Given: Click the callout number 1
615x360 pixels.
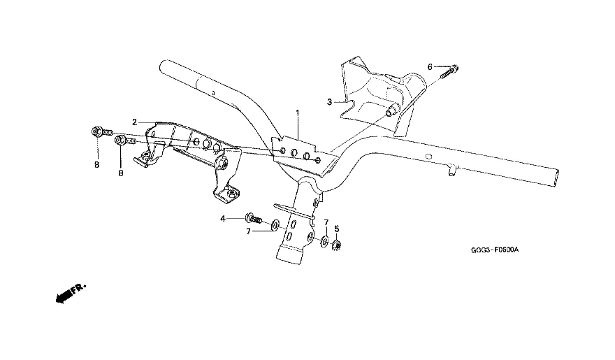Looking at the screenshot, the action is [x=297, y=113].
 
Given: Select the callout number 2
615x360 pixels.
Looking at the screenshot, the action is [x=134, y=122].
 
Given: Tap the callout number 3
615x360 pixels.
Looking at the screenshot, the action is [x=329, y=102].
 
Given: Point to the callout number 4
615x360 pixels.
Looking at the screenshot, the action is [x=223, y=219].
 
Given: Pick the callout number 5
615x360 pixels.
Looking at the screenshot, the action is [x=337, y=229].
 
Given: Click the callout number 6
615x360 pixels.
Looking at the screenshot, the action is [x=430, y=67].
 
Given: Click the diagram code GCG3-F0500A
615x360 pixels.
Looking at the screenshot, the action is [x=495, y=250].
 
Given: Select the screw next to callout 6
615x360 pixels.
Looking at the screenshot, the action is [x=449, y=72].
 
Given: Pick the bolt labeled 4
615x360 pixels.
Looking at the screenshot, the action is [x=254, y=218].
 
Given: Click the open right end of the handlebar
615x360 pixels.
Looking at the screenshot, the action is [x=554, y=178].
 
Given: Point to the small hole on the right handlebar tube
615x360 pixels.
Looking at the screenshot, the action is [x=428, y=157].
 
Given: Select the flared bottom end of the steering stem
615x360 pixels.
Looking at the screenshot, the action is [x=290, y=254].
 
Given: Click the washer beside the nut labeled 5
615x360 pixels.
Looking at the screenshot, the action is [x=325, y=241].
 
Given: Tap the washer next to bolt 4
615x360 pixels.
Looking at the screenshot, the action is [x=275, y=224].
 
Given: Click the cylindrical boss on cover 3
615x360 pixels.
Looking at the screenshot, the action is [x=391, y=111].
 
